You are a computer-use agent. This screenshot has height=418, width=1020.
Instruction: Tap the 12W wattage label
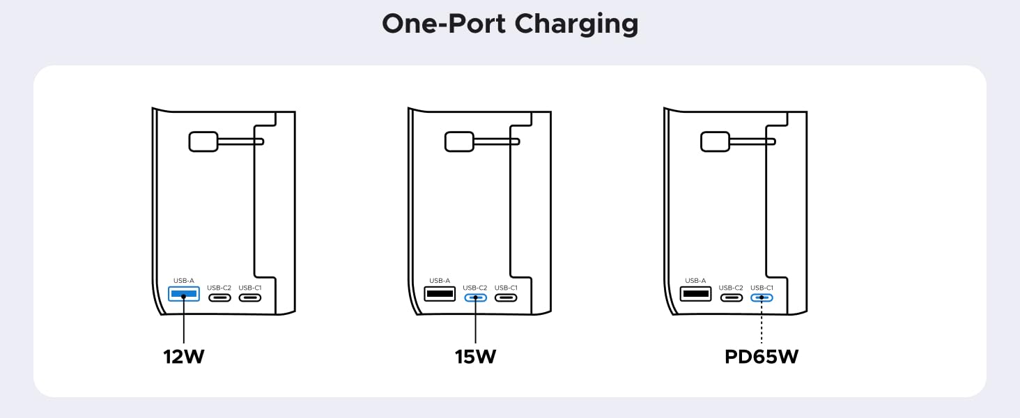tap(184, 357)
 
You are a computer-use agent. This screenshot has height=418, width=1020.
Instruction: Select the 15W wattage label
tap(475, 357)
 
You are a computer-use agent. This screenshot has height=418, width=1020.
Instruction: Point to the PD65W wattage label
tap(762, 357)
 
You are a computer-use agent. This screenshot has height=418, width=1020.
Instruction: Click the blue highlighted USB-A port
tap(184, 294)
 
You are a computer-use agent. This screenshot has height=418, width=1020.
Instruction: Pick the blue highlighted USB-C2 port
tap(475, 297)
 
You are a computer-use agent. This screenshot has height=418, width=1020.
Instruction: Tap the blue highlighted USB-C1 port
tap(762, 297)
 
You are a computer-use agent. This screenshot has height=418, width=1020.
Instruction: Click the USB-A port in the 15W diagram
tap(440, 294)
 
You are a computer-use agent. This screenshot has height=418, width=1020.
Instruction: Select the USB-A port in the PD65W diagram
tap(695, 294)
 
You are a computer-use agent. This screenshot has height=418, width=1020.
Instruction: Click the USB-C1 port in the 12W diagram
tap(250, 297)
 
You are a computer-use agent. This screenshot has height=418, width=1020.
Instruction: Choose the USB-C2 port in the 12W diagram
tap(219, 297)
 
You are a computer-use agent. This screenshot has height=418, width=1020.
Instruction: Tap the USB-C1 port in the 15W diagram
tap(506, 297)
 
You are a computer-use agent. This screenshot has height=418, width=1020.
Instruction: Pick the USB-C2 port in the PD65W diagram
tap(731, 297)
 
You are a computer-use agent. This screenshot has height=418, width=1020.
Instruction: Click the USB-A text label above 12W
tap(183, 281)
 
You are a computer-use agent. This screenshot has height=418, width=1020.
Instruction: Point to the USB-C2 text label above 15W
tap(475, 288)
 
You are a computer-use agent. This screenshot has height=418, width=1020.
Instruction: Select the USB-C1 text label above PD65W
tap(762, 288)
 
